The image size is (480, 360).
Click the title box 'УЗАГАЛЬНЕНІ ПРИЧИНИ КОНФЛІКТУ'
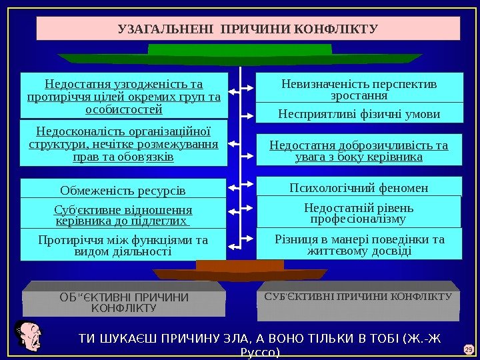[x=248, y=29]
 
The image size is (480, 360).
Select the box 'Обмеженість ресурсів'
[x=123, y=189]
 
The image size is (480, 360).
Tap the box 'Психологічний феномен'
[x=359, y=186]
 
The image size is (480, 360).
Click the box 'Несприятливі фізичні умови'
[x=359, y=114]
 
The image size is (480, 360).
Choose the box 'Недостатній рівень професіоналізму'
[x=359, y=213]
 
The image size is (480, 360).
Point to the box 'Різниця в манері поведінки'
[x=359, y=245]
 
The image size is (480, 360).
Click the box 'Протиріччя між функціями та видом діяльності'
[x=123, y=245]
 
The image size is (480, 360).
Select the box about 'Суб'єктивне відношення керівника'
[x=123, y=214]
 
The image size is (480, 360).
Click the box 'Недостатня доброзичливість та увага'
[x=359, y=151]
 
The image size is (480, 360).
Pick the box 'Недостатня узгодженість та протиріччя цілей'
[x=124, y=95]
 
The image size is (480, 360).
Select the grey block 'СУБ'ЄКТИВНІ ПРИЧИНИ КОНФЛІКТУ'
[x=359, y=300]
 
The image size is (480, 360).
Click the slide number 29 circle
[x=467, y=349]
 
